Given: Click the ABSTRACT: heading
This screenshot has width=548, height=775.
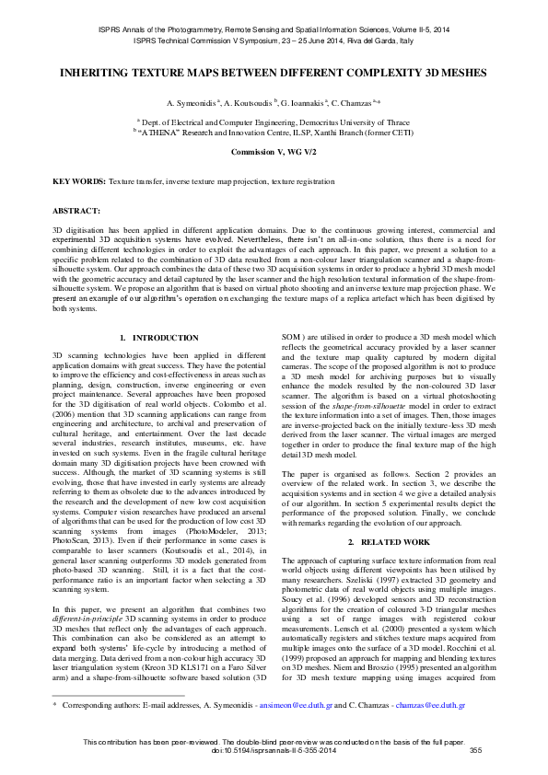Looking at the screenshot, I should [x=76, y=211].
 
